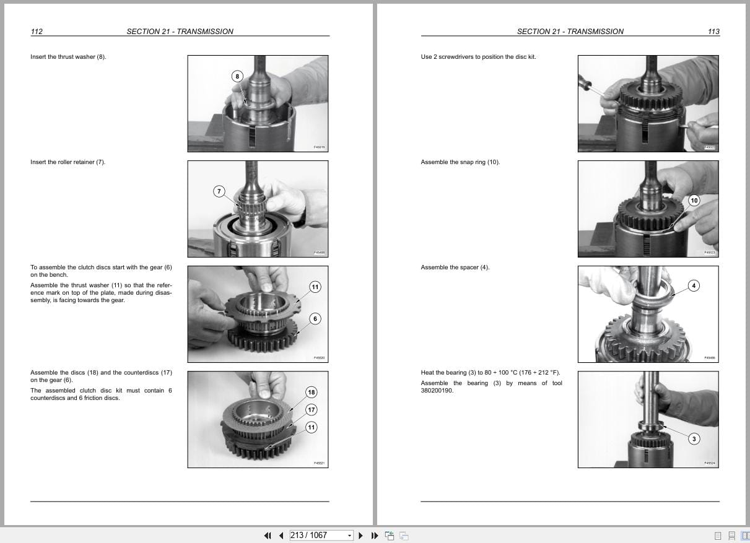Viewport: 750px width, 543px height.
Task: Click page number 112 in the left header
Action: (37, 32)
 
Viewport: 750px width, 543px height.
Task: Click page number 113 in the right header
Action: (713, 32)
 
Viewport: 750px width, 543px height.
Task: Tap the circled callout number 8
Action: (237, 76)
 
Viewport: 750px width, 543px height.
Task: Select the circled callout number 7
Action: (219, 191)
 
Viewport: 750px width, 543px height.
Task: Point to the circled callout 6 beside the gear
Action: (315, 319)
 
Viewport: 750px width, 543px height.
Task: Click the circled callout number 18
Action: (311, 393)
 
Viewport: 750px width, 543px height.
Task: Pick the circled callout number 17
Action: (311, 410)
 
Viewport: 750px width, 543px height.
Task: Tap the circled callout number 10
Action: (694, 201)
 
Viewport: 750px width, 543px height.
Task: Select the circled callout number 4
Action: (694, 285)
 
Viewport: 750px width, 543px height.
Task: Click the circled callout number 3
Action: (694, 439)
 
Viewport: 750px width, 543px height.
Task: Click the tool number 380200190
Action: (437, 391)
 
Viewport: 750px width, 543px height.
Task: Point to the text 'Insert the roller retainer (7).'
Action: (68, 162)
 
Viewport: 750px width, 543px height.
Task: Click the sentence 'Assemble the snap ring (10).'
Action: (460, 162)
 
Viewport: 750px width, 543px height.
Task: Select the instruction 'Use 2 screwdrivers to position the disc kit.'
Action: (478, 57)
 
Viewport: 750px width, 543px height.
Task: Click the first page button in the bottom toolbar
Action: (268, 536)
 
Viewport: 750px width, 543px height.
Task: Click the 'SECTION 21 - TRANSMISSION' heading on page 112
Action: (180, 32)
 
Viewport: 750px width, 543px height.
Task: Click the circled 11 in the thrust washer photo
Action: (315, 287)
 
